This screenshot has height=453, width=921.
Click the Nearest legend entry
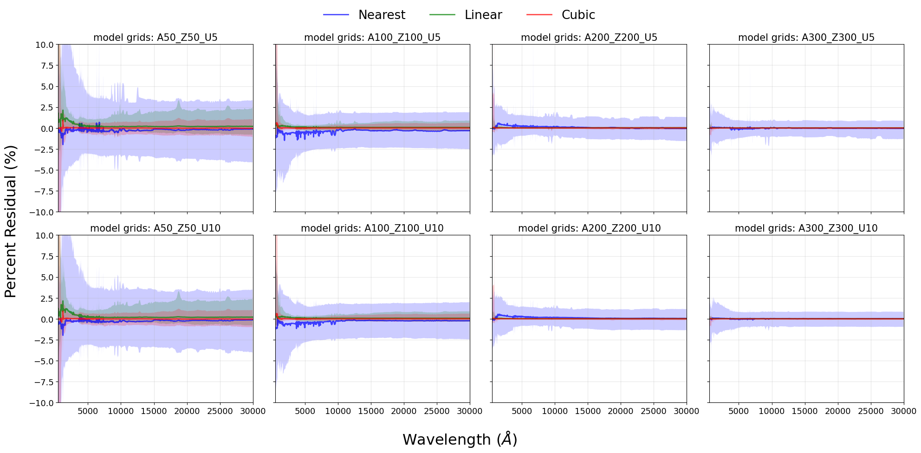click(x=364, y=15)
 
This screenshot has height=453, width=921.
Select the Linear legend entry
click(x=466, y=15)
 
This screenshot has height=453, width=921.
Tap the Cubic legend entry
click(x=561, y=15)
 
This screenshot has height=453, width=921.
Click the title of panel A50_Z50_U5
click(x=156, y=38)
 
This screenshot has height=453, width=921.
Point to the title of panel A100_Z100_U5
click(x=372, y=38)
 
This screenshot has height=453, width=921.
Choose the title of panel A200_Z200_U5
click(x=589, y=38)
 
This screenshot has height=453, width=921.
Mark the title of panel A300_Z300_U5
click(x=806, y=38)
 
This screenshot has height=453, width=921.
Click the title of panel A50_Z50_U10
click(x=156, y=228)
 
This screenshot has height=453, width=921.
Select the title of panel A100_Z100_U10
click(x=372, y=228)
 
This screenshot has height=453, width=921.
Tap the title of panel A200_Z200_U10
click(x=589, y=228)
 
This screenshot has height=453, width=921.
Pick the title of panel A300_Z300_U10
click(x=806, y=228)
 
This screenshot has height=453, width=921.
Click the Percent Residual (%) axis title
click(x=10, y=221)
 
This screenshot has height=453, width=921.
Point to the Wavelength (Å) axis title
click(x=460, y=439)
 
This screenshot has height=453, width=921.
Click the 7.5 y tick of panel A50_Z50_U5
click(x=47, y=66)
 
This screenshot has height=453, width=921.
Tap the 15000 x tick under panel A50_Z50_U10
click(x=154, y=411)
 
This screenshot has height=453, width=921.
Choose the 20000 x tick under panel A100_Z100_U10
click(x=404, y=411)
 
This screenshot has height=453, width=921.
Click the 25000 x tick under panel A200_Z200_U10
click(x=654, y=411)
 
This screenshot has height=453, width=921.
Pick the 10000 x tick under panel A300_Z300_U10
click(x=772, y=411)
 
